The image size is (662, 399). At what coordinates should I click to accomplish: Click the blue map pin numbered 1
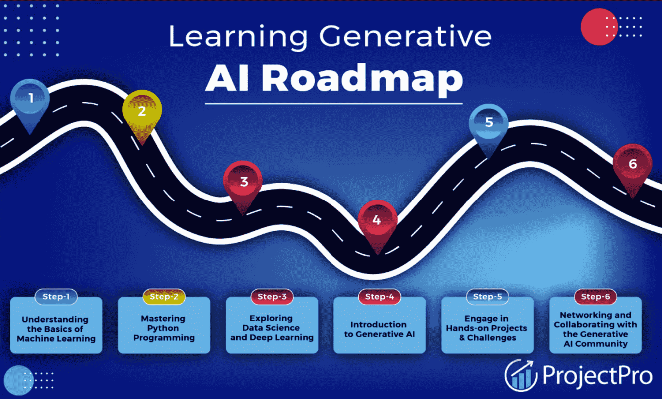point(30,102)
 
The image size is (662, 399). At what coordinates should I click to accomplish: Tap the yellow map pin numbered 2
point(142,114)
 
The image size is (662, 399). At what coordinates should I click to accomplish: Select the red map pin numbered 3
point(243,183)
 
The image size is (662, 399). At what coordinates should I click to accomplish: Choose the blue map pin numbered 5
point(489,126)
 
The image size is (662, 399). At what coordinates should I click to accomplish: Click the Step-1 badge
point(56,297)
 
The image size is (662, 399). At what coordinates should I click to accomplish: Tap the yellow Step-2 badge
point(164,297)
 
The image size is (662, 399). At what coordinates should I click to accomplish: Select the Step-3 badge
point(272,297)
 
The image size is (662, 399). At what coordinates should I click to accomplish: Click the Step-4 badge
point(380,297)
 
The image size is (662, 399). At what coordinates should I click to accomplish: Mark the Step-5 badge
point(488,297)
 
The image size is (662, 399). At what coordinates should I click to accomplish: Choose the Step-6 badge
point(596,297)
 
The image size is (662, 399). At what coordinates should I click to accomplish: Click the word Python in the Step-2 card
point(163,328)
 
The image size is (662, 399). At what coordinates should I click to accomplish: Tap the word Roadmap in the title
point(362,79)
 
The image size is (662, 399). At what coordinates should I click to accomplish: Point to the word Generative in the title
point(405,36)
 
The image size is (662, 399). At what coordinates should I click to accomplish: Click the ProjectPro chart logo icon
point(521,376)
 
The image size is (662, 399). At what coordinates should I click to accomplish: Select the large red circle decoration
point(599,27)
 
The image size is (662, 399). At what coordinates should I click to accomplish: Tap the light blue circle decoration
point(18,380)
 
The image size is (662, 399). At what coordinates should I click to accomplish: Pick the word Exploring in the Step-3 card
point(271,318)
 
